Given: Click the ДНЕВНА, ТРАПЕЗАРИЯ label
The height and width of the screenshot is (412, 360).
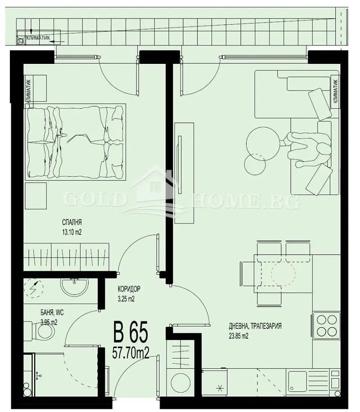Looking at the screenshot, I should click(x=255, y=326).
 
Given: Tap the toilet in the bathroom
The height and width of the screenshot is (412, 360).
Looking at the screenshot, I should click(x=45, y=333).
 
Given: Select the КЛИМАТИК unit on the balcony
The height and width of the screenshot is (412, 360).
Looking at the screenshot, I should click(x=39, y=40).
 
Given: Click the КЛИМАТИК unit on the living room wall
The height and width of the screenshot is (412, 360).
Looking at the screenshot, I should click(x=335, y=90).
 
